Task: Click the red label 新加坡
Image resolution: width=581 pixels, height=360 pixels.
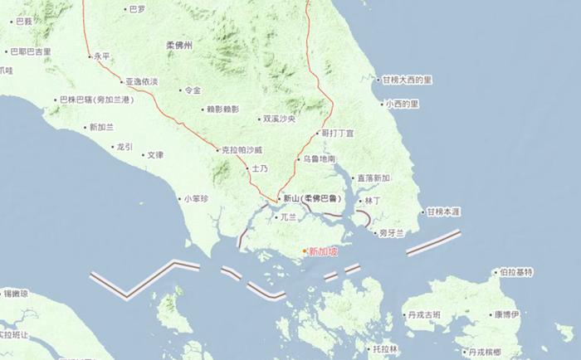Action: tap(324, 251)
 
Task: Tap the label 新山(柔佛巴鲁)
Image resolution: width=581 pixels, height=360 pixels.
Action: tap(311, 198)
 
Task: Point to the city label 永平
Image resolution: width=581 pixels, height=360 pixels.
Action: tap(101, 56)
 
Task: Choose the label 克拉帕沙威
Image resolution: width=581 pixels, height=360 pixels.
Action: tap(242, 150)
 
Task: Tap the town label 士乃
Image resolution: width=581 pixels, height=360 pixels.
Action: tap(260, 168)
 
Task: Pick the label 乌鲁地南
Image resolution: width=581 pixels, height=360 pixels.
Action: tap(320, 158)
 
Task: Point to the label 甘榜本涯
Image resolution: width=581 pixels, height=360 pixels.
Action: tap(442, 212)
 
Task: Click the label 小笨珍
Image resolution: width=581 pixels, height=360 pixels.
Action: tap(197, 198)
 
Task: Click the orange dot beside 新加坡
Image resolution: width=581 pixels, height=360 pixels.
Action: tap(305, 251)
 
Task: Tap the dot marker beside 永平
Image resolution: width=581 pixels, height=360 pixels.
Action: tap(90, 56)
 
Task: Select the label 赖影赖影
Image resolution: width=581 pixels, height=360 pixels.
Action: tap(222, 109)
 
